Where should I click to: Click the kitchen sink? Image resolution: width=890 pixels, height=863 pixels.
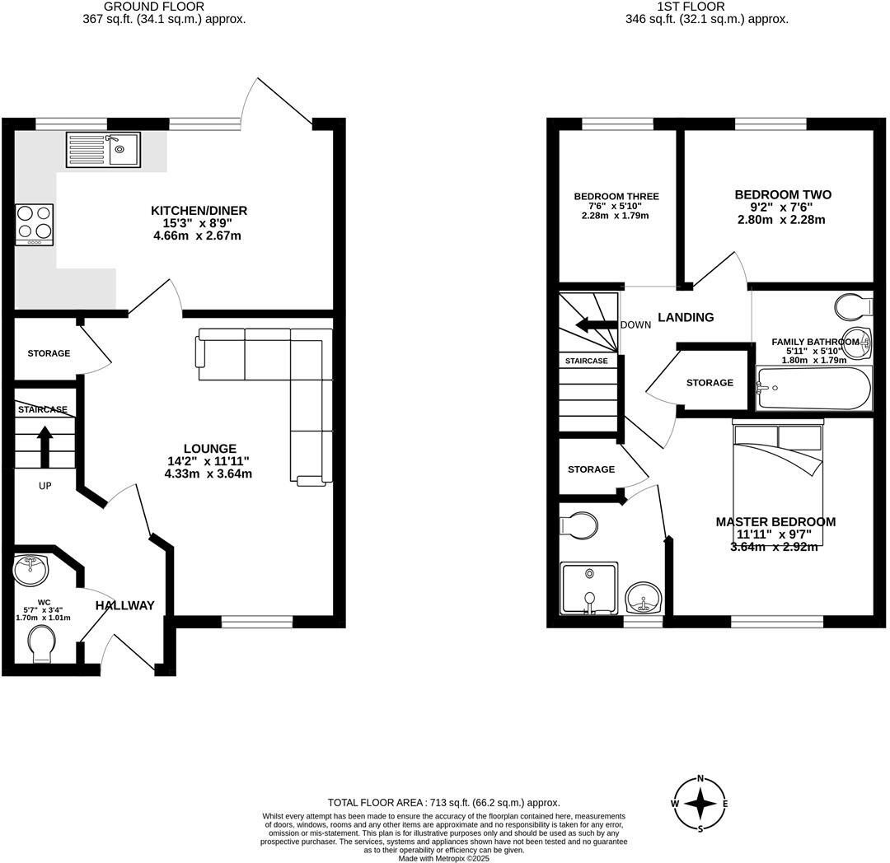click(x=103, y=150)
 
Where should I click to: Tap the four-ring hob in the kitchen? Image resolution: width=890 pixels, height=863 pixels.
click(x=34, y=224)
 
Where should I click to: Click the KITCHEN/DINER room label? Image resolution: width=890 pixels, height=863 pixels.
click(x=199, y=211)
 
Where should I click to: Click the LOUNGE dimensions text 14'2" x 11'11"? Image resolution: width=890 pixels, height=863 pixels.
click(x=208, y=461)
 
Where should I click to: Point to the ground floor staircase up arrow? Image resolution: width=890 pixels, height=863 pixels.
click(x=44, y=445)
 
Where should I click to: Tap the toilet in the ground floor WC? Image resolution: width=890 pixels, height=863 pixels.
click(x=40, y=642)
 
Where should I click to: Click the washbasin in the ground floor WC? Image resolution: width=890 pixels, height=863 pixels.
click(x=32, y=567)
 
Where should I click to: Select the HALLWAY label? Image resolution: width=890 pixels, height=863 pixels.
click(x=124, y=605)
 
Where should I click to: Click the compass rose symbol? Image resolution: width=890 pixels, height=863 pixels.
click(x=700, y=804)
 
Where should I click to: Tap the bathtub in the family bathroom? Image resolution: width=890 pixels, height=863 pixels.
click(x=813, y=389)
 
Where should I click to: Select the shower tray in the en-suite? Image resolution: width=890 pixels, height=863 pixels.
click(x=589, y=589)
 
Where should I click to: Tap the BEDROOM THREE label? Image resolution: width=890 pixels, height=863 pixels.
click(x=616, y=196)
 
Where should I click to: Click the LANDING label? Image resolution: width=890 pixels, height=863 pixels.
click(x=686, y=317)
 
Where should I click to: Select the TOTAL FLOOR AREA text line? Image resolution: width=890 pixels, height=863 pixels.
click(x=443, y=802)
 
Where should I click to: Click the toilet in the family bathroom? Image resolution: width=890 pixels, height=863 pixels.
click(x=852, y=308)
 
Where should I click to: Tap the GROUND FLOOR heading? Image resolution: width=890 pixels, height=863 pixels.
click(x=154, y=7)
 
